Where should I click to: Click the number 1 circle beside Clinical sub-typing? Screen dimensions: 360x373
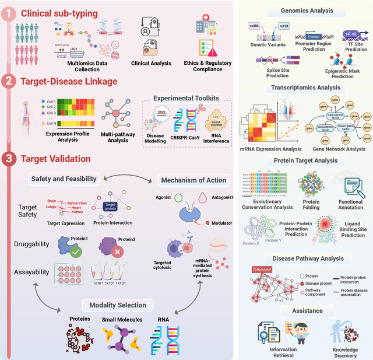9,13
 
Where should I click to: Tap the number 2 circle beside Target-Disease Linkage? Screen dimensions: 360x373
9,81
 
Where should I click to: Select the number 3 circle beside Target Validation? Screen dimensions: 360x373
9,158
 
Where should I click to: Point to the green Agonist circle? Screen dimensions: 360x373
180,198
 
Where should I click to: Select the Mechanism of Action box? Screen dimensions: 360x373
193,180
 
